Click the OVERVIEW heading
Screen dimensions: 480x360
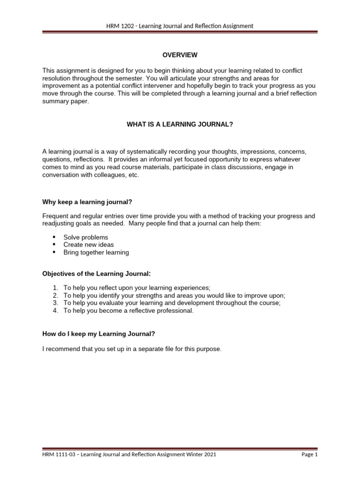180,55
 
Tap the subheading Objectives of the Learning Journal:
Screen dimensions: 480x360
97,273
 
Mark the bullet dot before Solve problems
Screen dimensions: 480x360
54,237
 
